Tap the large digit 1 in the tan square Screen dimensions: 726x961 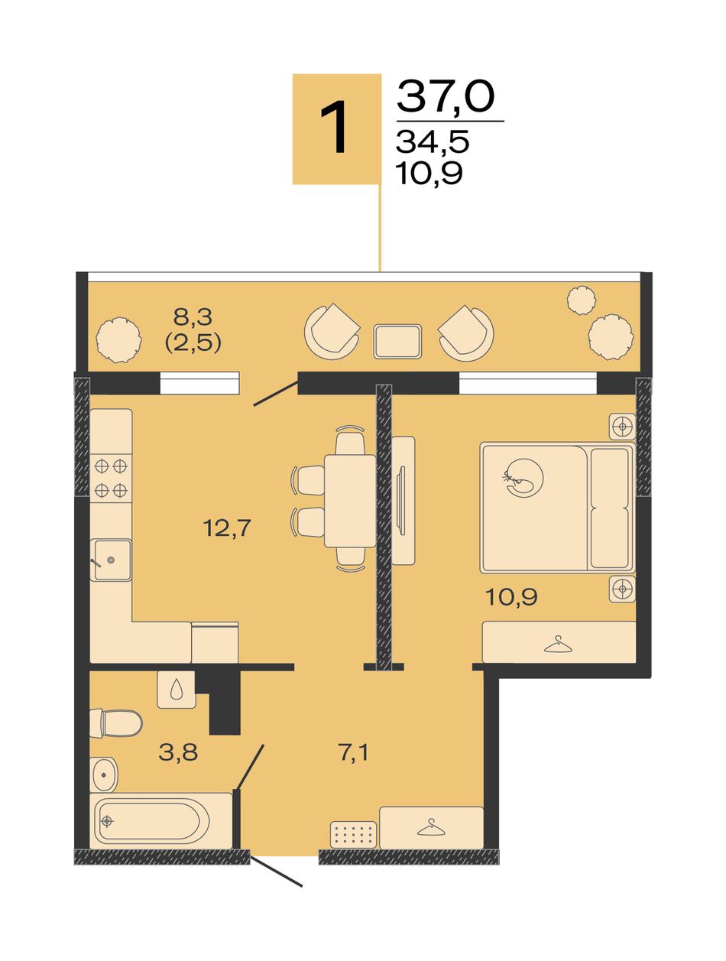coord(334,127)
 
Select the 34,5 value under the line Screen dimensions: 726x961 coord(432,142)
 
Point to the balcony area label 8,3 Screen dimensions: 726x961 coord(193,316)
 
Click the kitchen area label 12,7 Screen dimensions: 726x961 coord(227,528)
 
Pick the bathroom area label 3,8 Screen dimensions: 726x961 coord(178,752)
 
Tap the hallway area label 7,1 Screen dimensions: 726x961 coord(353,753)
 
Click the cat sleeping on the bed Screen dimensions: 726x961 coord(523,478)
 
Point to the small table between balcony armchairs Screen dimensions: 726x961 coord(397,342)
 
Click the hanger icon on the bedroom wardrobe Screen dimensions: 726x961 coord(559,644)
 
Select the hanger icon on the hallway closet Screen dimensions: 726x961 coord(430,827)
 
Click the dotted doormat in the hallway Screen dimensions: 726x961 coord(354,834)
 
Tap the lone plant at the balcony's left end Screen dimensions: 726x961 coord(118,340)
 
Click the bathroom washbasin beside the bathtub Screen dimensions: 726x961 coord(104,774)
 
